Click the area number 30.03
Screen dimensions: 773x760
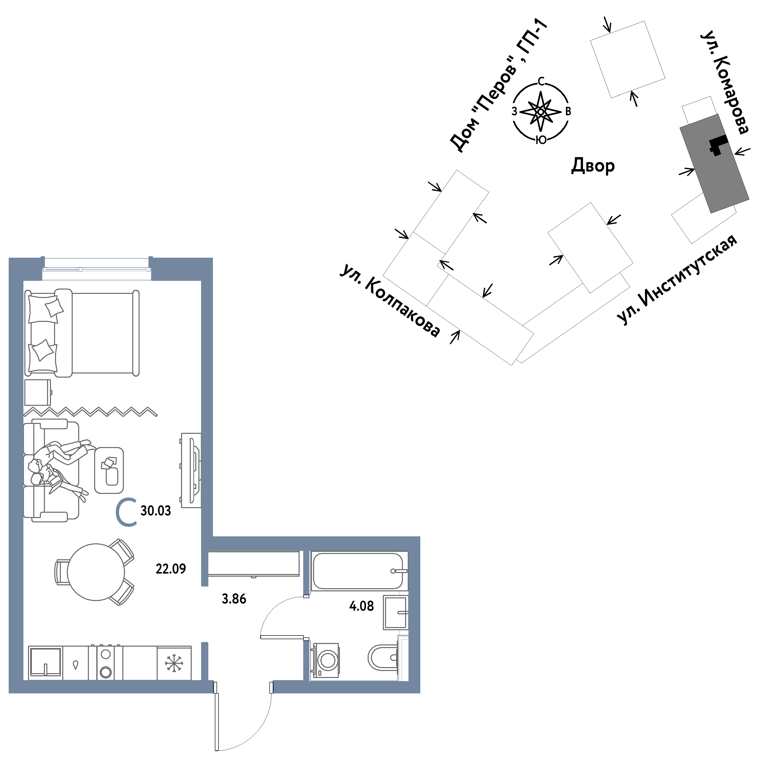[x=155, y=511]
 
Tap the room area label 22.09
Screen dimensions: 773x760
[x=171, y=568]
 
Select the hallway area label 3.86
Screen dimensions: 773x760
[x=234, y=599]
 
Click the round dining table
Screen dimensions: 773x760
[x=96, y=572]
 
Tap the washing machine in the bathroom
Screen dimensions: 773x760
[x=326, y=660]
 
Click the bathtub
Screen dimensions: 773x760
[x=359, y=571]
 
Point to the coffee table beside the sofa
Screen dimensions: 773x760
[x=109, y=470]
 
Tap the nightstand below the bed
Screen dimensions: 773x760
[x=38, y=392]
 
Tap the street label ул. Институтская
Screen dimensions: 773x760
[x=677, y=279]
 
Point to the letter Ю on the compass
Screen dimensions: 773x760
[x=541, y=140]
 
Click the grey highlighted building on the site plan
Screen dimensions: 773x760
[x=714, y=163]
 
